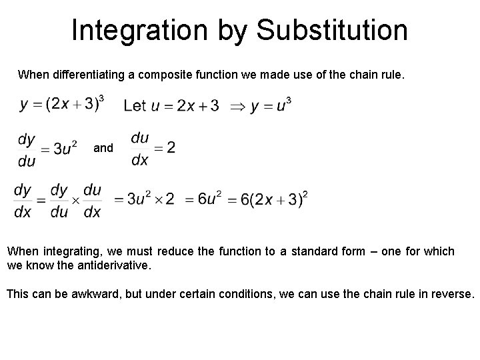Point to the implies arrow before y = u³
[236, 107]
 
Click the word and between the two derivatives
[103, 148]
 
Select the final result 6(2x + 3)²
[271, 199]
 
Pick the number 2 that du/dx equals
[171, 147]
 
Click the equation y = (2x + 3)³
[62, 105]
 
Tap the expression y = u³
[271, 106]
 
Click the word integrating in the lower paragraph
[69, 252]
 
